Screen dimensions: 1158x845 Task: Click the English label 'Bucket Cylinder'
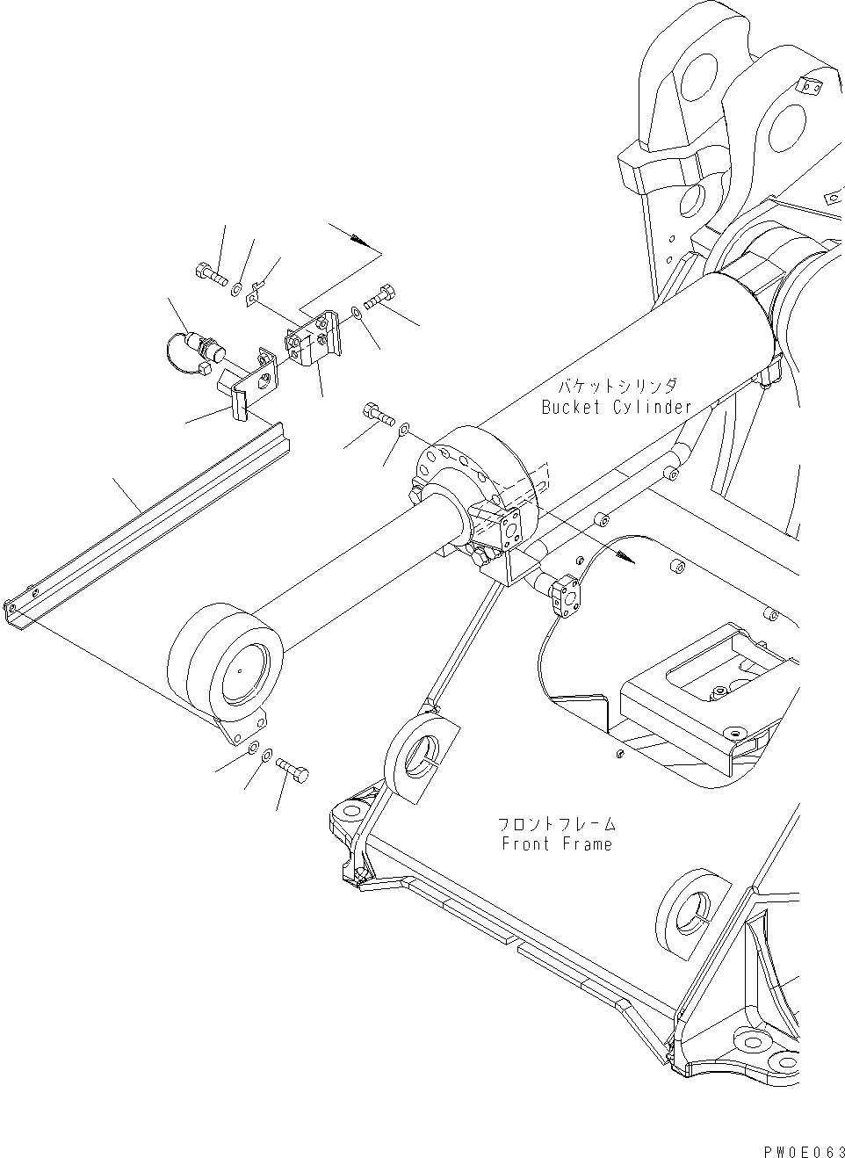coord(617,407)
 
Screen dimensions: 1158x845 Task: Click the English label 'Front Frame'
coord(557,844)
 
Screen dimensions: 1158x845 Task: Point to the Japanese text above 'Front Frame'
coord(557,824)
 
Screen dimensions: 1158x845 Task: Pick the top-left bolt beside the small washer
coord(207,275)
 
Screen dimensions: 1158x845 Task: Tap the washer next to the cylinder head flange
coord(404,430)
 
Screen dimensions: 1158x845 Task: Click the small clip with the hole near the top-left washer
coord(256,293)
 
